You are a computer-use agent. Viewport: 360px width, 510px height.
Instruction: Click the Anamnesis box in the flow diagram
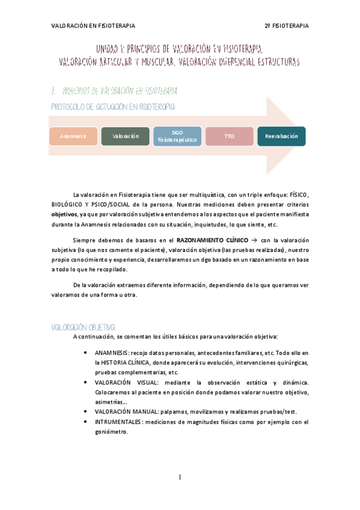[x=73, y=137]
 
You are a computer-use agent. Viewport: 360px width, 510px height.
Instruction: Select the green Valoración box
[x=125, y=137]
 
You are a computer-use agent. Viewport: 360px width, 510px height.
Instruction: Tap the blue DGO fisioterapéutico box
[x=177, y=136]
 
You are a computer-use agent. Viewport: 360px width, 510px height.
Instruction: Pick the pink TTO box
[x=229, y=137]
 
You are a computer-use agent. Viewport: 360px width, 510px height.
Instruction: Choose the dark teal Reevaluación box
[x=281, y=137]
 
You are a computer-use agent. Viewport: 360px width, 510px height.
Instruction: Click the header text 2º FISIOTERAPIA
[x=286, y=26]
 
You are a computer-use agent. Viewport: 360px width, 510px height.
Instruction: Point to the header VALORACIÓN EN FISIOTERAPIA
[x=93, y=26]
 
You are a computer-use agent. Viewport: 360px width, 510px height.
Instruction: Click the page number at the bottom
[x=180, y=478]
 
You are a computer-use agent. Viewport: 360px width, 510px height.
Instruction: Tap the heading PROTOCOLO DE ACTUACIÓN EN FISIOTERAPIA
[x=112, y=106]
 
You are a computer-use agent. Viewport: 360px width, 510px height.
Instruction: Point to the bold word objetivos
[x=64, y=214]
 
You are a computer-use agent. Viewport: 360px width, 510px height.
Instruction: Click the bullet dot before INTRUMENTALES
[x=87, y=422]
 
